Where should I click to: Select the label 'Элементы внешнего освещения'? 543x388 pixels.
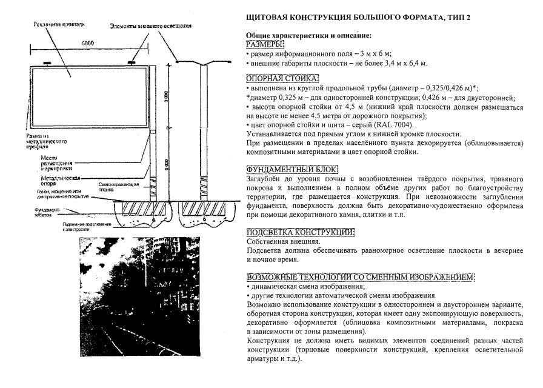pyautogui.click(x=151, y=26)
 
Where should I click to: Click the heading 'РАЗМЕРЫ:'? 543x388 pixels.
pyautogui.click(x=265, y=44)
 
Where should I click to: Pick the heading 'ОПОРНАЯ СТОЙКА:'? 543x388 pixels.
pyautogui.click(x=282, y=79)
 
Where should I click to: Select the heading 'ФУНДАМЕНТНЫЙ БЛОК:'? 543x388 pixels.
pyautogui.click(x=291, y=169)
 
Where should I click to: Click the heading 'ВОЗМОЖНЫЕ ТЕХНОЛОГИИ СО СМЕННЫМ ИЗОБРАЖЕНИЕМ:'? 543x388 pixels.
pyautogui.click(x=359, y=277)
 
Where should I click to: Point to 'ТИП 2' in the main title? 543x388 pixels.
pyautogui.click(x=457, y=17)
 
